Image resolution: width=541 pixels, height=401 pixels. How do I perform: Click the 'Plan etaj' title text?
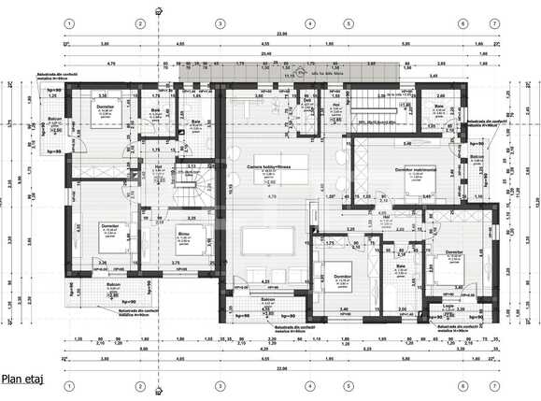tap(22, 379)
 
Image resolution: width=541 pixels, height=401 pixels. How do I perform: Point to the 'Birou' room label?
tap(183, 236)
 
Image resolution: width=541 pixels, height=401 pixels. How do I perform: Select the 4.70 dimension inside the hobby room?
tap(271, 197)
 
